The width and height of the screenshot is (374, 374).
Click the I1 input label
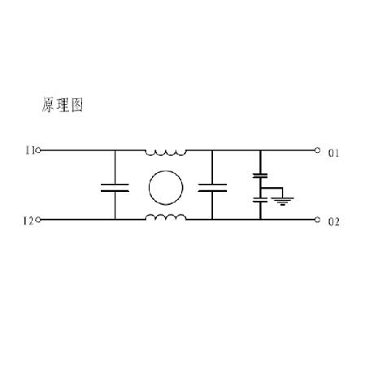pyautogui.click(x=29, y=150)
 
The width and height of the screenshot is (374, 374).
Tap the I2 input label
pyautogui.click(x=28, y=221)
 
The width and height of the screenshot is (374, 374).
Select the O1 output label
pyautogui.click(x=333, y=154)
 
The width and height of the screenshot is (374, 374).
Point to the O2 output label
pyautogui.click(x=333, y=222)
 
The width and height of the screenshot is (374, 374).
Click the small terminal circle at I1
pyautogui.click(x=38, y=150)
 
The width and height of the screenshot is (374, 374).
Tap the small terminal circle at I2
pyautogui.click(x=38, y=220)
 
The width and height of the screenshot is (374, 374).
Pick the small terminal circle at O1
pyautogui.click(x=317, y=150)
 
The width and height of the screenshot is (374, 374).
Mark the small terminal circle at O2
pyautogui.click(x=317, y=220)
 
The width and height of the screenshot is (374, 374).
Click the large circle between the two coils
pyautogui.click(x=166, y=171)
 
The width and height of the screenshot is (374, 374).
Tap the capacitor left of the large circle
pyautogui.click(x=115, y=188)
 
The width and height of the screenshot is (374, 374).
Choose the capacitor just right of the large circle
pyautogui.click(x=212, y=188)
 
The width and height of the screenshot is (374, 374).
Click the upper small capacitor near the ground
pyautogui.click(x=260, y=176)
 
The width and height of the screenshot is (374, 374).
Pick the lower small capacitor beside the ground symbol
pyautogui.click(x=260, y=200)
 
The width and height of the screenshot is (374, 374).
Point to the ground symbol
pyautogui.click(x=283, y=201)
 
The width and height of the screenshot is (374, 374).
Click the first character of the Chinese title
pyautogui.click(x=48, y=105)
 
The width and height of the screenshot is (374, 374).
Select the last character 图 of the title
pyautogui.click(x=77, y=105)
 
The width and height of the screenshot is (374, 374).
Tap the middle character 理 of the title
pyautogui.click(x=63, y=105)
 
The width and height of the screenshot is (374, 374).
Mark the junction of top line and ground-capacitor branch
pyautogui.click(x=260, y=150)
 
